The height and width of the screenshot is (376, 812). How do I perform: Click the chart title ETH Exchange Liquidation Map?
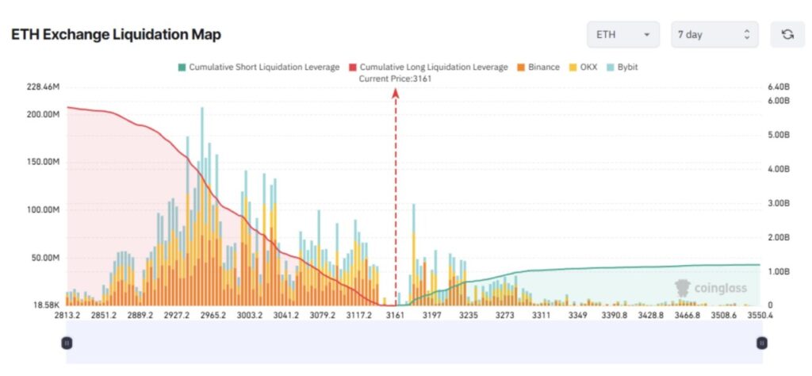click(116, 34)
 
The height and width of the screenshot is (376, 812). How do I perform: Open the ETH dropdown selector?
click(622, 34)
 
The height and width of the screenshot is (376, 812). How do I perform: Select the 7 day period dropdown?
click(714, 34)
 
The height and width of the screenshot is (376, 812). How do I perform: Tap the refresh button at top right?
click(787, 34)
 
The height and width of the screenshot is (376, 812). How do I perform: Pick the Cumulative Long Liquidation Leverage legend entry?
click(427, 67)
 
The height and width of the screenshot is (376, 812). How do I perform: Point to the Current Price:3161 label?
click(395, 78)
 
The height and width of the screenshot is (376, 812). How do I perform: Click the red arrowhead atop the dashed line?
click(396, 93)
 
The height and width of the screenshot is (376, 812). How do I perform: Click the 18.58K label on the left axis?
click(44, 305)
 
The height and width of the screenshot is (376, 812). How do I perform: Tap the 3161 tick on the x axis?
click(395, 315)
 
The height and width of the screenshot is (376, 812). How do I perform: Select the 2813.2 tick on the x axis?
click(68, 315)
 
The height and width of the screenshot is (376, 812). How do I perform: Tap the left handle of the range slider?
click(67, 343)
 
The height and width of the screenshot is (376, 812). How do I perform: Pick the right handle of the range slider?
click(761, 343)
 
